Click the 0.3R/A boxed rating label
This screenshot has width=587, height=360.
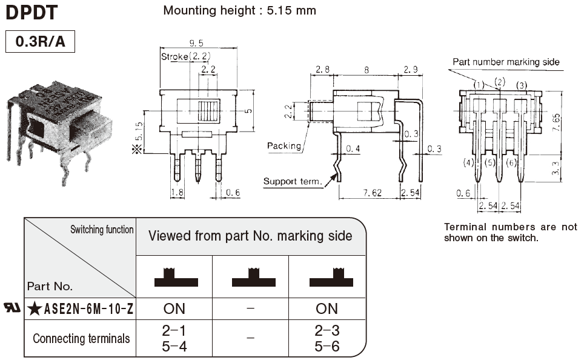click(39, 42)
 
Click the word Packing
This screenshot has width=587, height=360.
click(284, 146)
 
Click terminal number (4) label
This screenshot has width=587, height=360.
click(468, 162)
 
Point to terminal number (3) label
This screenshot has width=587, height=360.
click(521, 85)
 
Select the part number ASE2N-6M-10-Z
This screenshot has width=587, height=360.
click(89, 309)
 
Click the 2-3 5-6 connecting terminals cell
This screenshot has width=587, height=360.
click(327, 339)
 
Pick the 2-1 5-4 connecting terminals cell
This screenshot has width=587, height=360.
click(174, 339)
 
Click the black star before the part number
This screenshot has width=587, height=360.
click(35, 309)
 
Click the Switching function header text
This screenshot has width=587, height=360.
click(102, 230)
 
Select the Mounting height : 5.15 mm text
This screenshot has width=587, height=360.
click(239, 10)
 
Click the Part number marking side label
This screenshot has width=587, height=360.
click(506, 62)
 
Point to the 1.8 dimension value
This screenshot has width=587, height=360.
click(177, 193)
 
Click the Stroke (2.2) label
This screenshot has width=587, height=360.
click(185, 56)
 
